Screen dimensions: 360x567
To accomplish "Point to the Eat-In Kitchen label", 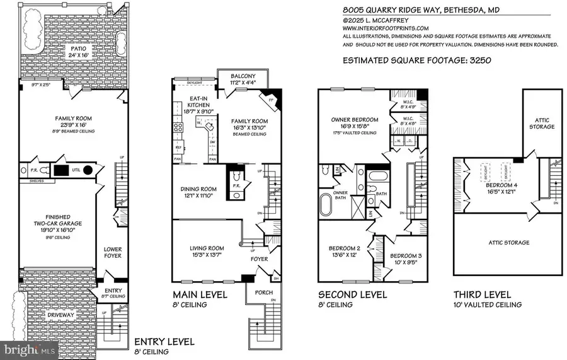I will pos(196,103).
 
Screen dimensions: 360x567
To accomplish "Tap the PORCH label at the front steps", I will pos(263,293).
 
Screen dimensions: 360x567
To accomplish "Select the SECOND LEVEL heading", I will pos(352,294).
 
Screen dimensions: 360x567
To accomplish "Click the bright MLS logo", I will pos(30,347).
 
